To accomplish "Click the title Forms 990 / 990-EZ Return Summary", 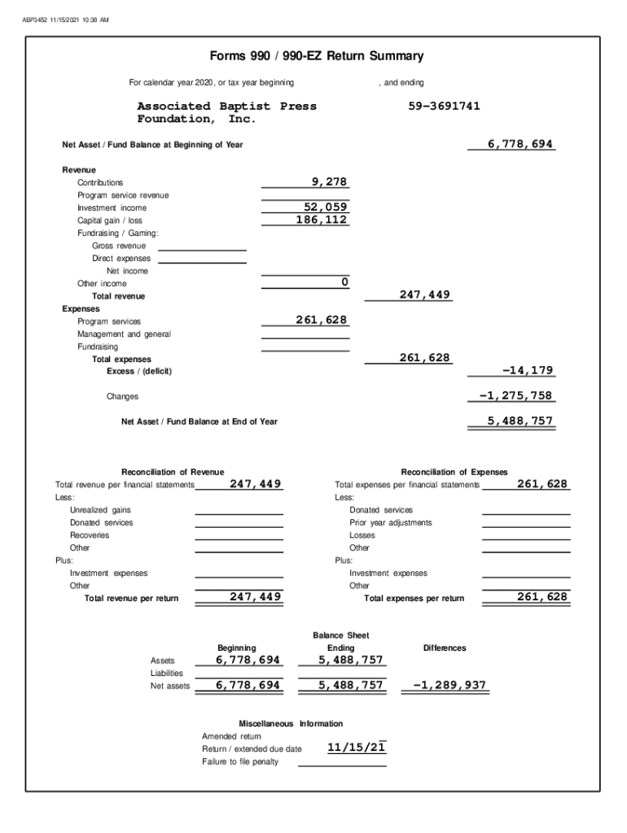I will coord(317,56).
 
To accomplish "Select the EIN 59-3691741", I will coord(444,107).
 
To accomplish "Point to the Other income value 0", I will coord(344,281).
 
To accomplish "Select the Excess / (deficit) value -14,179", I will coord(528,370).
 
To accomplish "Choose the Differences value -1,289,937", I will coord(449,685).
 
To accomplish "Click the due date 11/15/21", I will coord(356,748).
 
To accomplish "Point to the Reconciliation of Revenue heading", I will coord(173,472).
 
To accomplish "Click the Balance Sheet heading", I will coord(340,635).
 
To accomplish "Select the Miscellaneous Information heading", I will coord(291,723).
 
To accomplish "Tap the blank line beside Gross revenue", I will coord(202,246).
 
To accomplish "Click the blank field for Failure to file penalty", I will coord(342,761).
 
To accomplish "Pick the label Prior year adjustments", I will coord(391,522).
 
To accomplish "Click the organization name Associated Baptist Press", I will coord(226,107).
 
